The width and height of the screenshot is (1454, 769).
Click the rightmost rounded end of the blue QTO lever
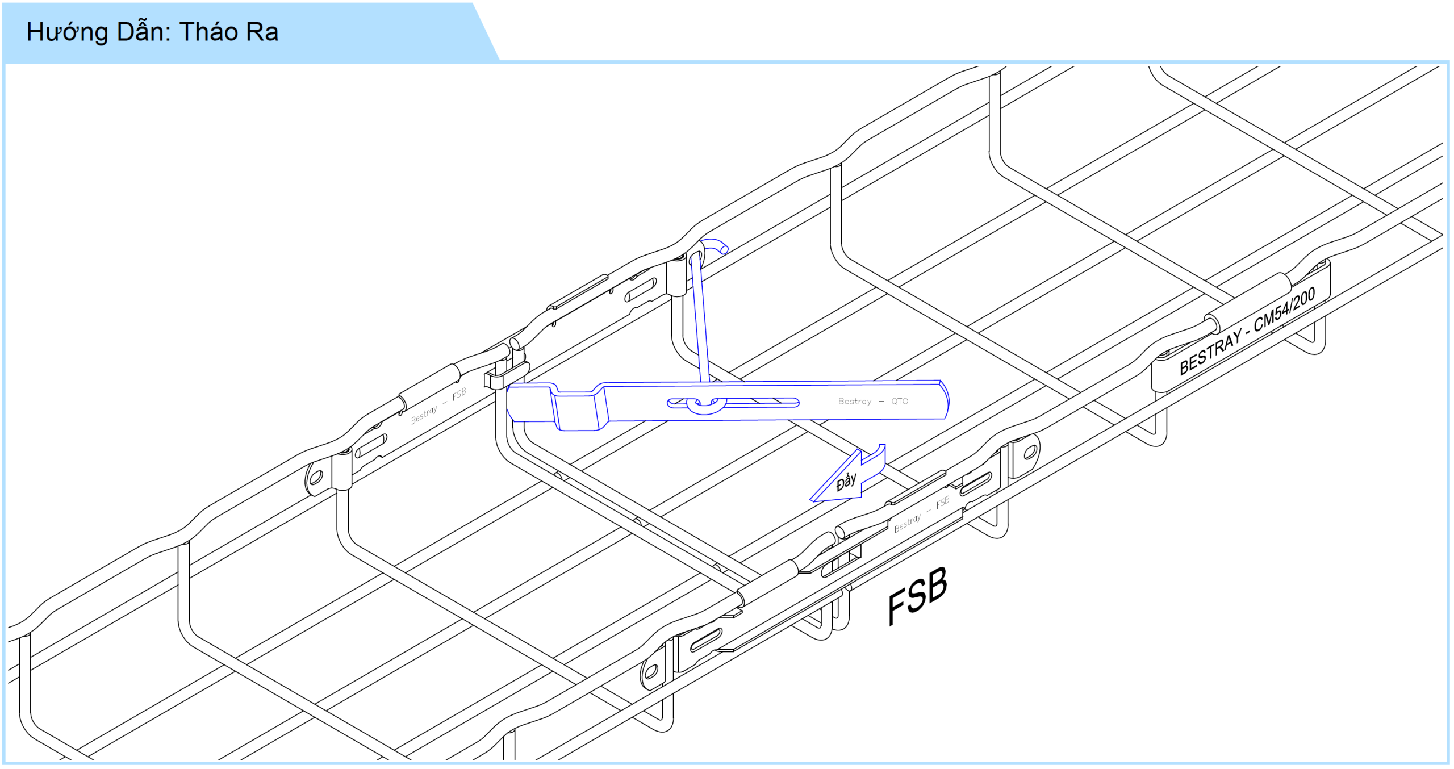point(946,400)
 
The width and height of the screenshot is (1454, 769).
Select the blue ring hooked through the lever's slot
point(706,405)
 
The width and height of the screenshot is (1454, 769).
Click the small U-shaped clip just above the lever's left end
point(506,375)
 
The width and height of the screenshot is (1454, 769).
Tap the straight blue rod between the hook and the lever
point(699,318)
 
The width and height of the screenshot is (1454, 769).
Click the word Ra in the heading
point(262,32)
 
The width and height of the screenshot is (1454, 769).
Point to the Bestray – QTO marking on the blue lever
point(873,401)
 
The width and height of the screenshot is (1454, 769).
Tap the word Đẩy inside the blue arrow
point(846,482)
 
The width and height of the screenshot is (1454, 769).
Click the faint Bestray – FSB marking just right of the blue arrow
point(922,515)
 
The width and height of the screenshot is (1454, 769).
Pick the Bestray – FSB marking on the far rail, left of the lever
point(438,406)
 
